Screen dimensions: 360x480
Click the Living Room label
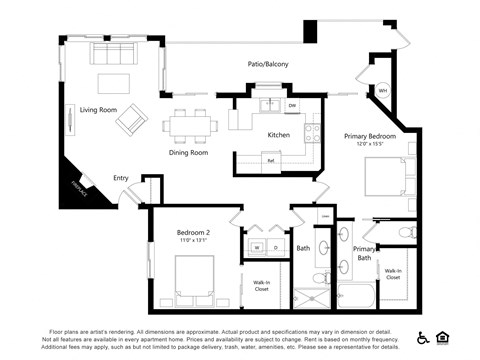98,110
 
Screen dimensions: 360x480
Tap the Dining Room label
187,153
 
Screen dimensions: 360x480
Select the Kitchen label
278,135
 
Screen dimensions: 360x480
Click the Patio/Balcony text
268,65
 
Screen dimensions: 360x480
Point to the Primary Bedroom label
370,136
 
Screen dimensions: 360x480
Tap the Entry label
121,178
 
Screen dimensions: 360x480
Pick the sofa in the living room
111,52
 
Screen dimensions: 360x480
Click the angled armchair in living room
131,121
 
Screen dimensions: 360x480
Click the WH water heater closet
382,91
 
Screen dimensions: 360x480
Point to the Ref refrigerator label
270,161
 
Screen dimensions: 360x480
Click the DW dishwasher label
292,104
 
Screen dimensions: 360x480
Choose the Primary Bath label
365,253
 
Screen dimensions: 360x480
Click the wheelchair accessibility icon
423,337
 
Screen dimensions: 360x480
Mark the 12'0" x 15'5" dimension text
370,145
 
